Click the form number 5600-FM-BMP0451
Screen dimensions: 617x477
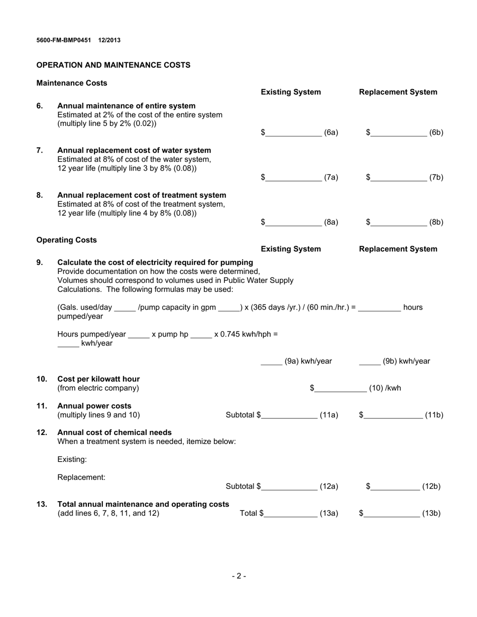point(64,40)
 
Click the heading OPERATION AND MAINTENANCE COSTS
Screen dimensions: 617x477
point(113,65)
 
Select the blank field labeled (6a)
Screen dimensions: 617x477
point(294,133)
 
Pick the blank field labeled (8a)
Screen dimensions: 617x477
point(294,222)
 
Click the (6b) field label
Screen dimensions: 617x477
point(436,133)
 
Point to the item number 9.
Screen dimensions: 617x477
point(40,262)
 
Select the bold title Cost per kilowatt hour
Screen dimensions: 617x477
point(99,379)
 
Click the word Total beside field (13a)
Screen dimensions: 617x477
point(249,513)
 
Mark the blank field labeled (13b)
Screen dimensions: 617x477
point(392,513)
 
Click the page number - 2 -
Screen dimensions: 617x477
point(238,576)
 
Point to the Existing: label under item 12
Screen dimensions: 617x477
point(72,459)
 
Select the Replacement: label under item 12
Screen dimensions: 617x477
point(81,478)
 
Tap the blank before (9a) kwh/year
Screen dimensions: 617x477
point(271,362)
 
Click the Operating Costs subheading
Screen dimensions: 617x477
point(67,240)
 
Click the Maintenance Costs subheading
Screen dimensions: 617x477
point(72,83)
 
